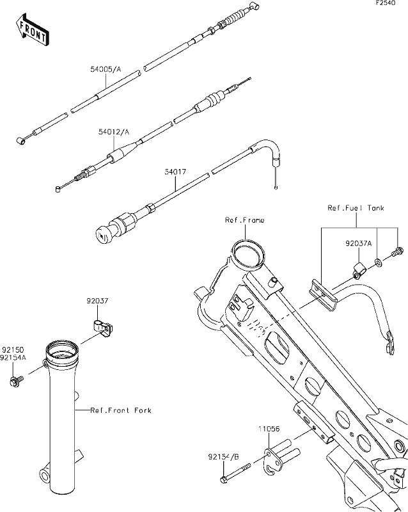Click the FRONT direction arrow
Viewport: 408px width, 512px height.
coord(33,30)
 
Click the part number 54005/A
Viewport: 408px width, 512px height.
coord(106,69)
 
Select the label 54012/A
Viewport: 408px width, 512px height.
coord(114,132)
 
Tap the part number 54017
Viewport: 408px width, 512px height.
coord(175,172)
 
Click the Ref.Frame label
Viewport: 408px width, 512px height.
coord(244,220)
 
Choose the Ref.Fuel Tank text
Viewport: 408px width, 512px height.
coord(356,208)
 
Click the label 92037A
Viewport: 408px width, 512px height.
coord(359,244)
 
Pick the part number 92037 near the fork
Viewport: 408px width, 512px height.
coord(97,301)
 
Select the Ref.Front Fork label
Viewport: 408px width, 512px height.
coord(121,410)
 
